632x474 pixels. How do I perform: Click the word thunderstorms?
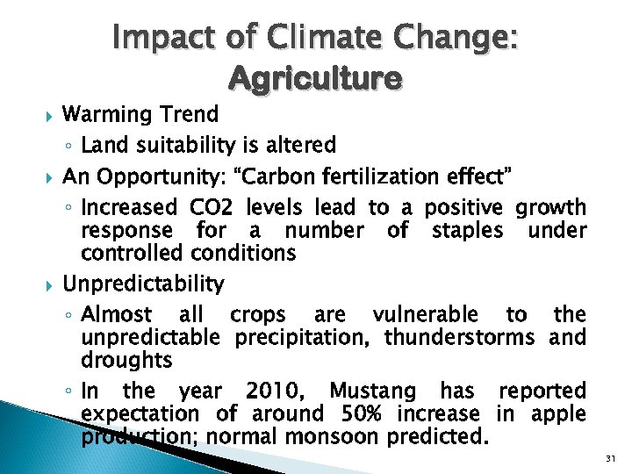point(459,338)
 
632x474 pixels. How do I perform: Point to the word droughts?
point(126,361)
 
